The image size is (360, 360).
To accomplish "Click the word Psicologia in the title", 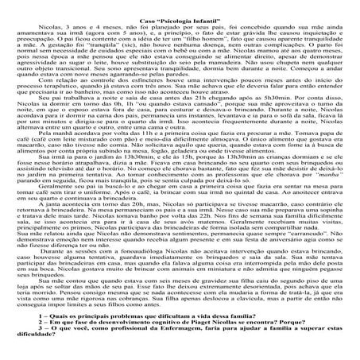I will pos(179,6).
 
